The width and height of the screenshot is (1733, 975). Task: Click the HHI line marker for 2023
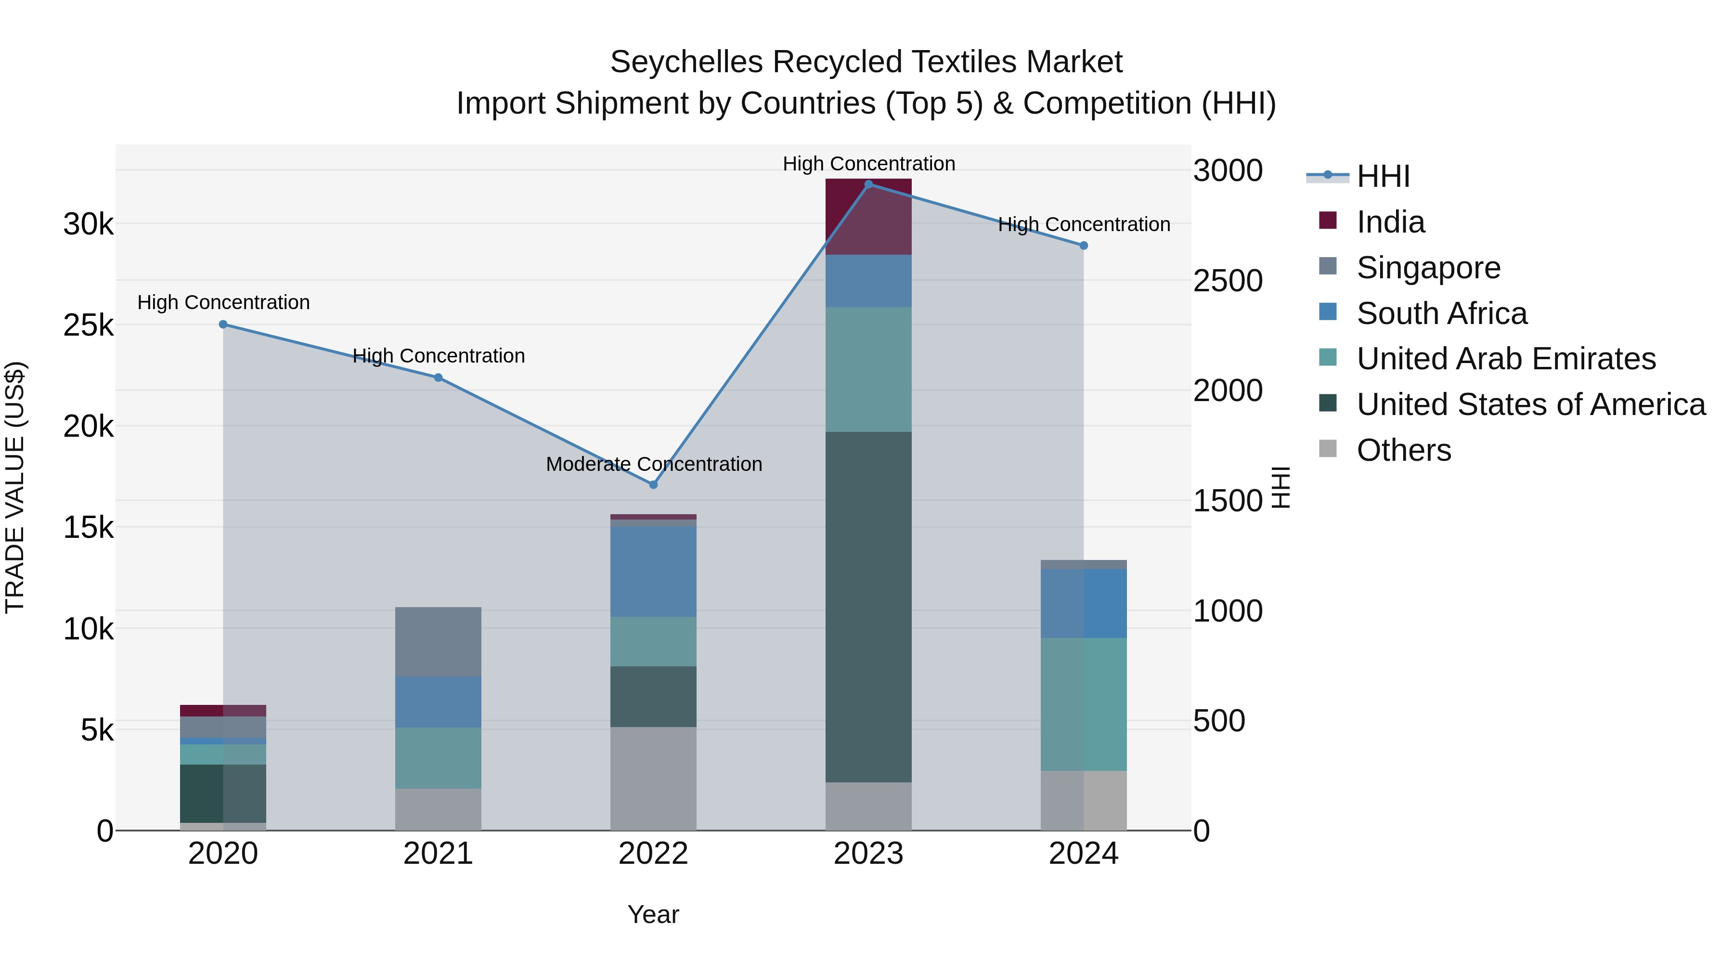[868, 184]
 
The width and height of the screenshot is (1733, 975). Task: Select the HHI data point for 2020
[223, 325]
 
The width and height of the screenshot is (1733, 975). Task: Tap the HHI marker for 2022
[653, 484]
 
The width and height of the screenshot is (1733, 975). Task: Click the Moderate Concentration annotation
[654, 464]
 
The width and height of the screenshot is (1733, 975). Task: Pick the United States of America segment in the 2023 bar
[868, 606]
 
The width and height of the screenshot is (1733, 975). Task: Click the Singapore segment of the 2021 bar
[438, 641]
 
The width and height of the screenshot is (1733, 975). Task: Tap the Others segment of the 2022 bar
[653, 778]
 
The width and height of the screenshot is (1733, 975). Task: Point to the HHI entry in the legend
[1383, 176]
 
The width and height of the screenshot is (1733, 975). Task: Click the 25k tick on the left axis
[88, 325]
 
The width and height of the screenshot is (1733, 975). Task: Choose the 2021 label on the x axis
[438, 854]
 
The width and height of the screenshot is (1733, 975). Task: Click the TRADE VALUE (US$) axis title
[15, 487]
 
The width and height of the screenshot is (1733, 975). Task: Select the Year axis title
[653, 914]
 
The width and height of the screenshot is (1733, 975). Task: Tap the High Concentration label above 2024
[1083, 225]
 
